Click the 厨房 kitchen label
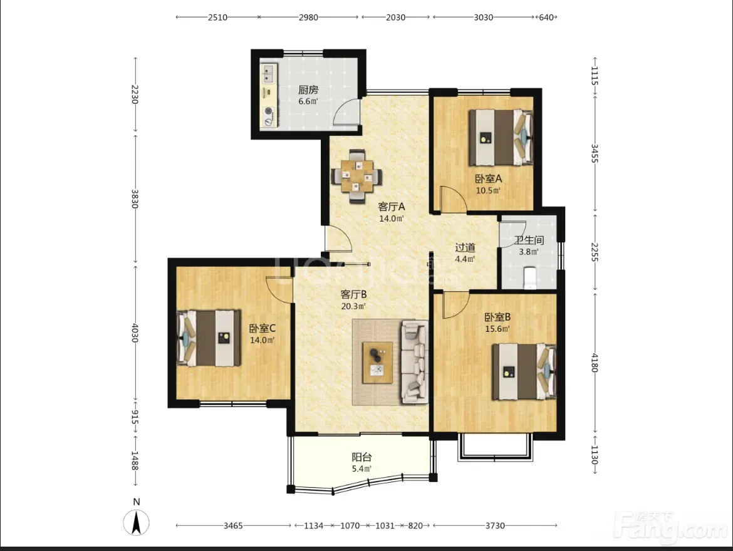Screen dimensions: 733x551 [x=308, y=90]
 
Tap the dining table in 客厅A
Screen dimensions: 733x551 [x=357, y=176]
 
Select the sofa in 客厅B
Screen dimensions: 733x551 [x=414, y=362]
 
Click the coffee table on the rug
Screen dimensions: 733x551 [x=378, y=363]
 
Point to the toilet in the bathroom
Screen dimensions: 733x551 [x=529, y=277]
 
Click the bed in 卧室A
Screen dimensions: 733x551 [x=501, y=137]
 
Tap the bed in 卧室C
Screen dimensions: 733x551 [x=209, y=338]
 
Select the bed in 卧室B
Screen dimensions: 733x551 [x=524, y=371]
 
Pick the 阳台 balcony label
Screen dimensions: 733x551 [x=362, y=458]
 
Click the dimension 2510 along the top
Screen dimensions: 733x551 [x=217, y=18]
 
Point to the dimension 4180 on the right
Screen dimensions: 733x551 [x=595, y=363]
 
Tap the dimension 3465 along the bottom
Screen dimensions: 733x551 [x=233, y=525]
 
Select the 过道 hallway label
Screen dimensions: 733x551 [x=465, y=248]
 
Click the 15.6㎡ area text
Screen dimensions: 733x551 [x=497, y=329]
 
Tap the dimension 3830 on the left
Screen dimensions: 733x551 [x=135, y=198]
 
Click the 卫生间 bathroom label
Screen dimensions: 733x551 [x=529, y=240]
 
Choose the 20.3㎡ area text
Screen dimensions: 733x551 [x=353, y=306]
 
